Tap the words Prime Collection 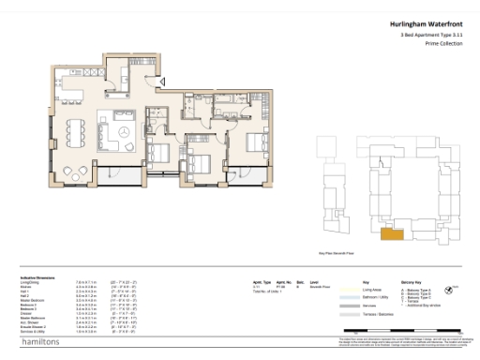[444, 45]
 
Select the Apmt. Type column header [262, 280]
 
